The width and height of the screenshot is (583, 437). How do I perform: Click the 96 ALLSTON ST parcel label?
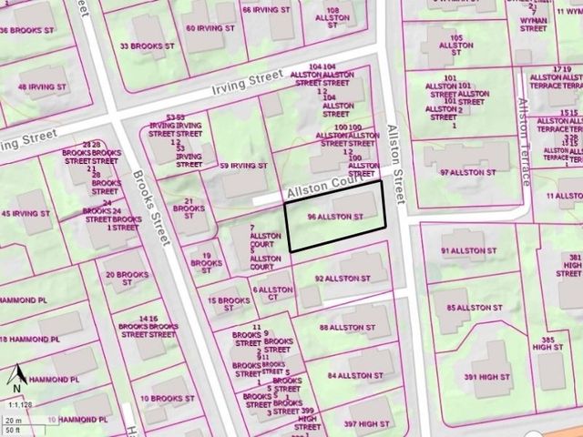tap(336, 218)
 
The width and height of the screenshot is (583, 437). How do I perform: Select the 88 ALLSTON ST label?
tap(348, 327)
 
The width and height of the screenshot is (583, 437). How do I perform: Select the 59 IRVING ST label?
tap(243, 166)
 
